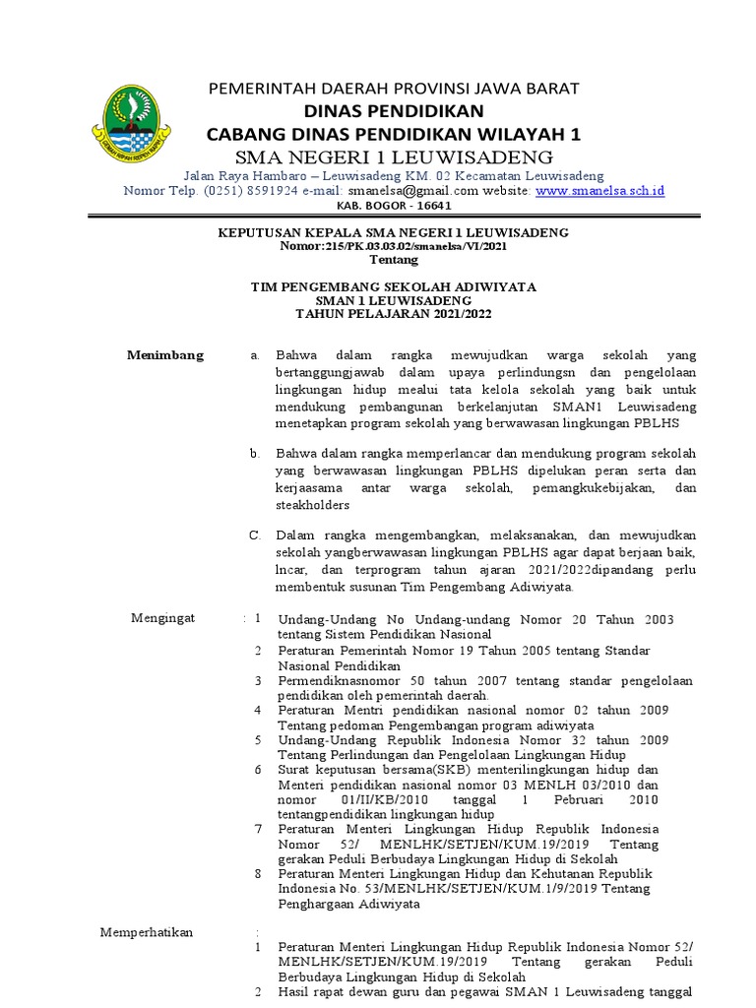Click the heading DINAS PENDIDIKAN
tap(393, 110)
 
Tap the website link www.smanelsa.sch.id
tap(599, 190)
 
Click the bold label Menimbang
tap(165, 355)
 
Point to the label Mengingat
tap(163, 617)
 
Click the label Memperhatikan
tap(148, 932)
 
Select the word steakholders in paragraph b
tap(313, 504)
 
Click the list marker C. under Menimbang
tap(254, 535)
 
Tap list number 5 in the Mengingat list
tap(258, 739)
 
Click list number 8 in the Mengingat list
tap(258, 873)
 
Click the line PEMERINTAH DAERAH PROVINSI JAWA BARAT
tap(393, 89)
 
